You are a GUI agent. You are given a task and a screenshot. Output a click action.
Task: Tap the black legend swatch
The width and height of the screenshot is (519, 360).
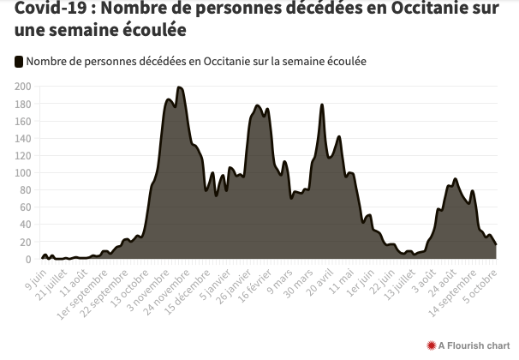19,62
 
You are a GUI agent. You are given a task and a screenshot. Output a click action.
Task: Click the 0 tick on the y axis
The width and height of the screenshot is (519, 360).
28,259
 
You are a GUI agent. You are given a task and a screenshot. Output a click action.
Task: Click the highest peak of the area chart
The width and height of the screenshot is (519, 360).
178,87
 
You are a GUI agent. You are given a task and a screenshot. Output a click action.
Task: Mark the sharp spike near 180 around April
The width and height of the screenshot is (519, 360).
321,105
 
